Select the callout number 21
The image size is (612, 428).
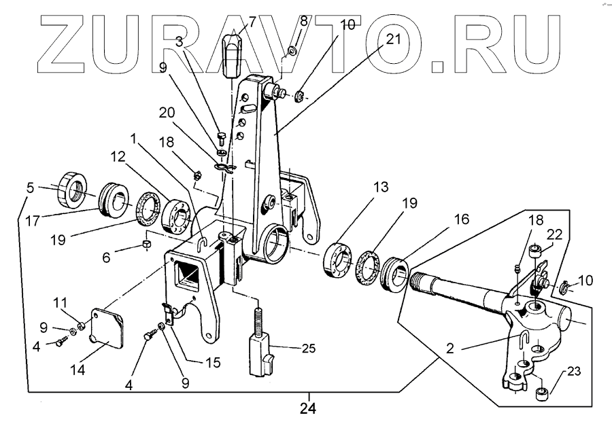pyautogui.click(x=393, y=39)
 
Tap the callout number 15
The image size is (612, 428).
pyautogui.click(x=213, y=363)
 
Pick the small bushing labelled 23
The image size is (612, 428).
pyautogui.click(x=543, y=394)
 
